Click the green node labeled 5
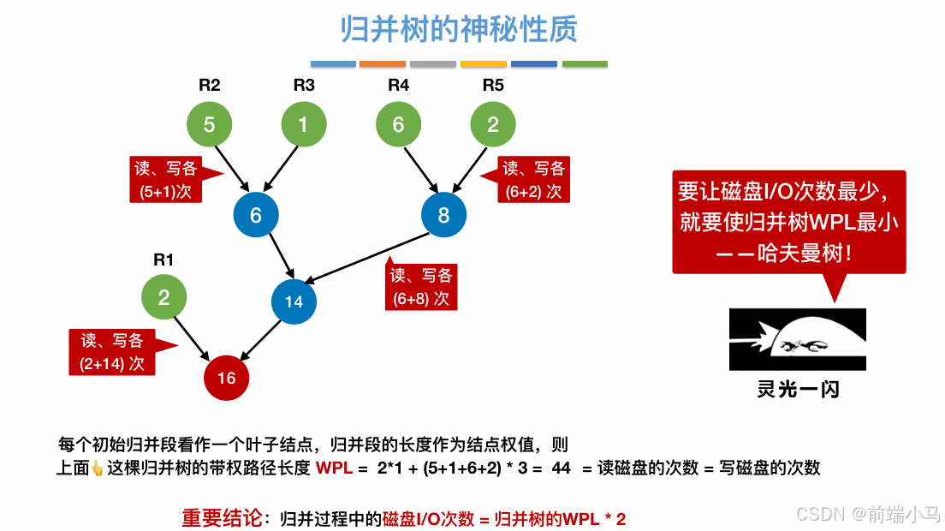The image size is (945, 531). pyautogui.click(x=210, y=125)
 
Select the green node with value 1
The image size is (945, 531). pyautogui.click(x=303, y=125)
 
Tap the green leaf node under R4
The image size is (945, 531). pyautogui.click(x=398, y=125)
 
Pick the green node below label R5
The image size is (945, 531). pyautogui.click(x=493, y=125)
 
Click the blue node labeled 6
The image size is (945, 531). pyautogui.click(x=255, y=215)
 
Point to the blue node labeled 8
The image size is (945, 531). pyautogui.click(x=443, y=215)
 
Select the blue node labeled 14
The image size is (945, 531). pyautogui.click(x=294, y=301)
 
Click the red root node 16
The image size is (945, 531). pyautogui.click(x=226, y=378)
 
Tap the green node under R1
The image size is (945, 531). pyautogui.click(x=163, y=298)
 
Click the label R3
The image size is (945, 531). pyautogui.click(x=304, y=86)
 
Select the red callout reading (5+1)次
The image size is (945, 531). pyautogui.click(x=167, y=179)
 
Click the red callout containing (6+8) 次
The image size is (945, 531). pyautogui.click(x=421, y=286)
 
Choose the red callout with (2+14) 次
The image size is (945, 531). pyautogui.click(x=112, y=352)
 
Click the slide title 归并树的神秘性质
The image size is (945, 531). pyautogui.click(x=459, y=29)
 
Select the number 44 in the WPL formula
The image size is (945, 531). pyautogui.click(x=562, y=468)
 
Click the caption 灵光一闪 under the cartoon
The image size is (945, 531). pyautogui.click(x=798, y=389)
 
